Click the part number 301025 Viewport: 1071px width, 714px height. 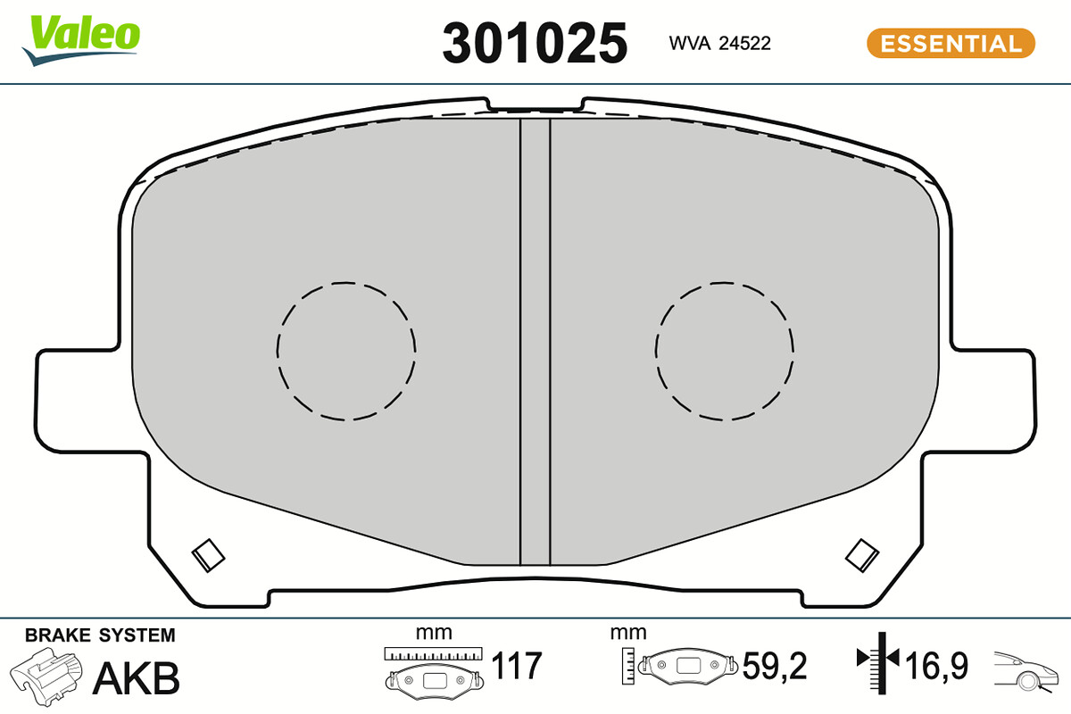[x=535, y=44]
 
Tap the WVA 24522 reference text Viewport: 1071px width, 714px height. [x=719, y=44]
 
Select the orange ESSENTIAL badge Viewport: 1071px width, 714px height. [x=951, y=43]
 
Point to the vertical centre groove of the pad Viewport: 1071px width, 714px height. [x=535, y=342]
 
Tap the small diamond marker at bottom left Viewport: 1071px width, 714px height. [x=209, y=556]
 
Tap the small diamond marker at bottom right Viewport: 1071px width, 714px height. [x=862, y=556]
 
